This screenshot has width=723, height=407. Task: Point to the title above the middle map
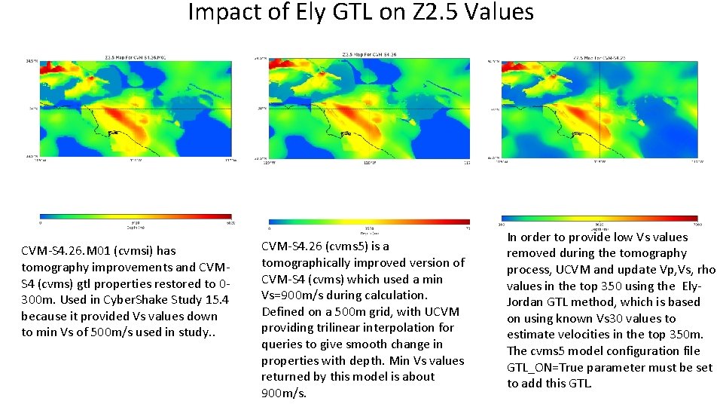click(369, 54)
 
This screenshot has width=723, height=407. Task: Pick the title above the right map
click(599, 57)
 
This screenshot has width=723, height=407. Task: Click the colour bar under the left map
click(136, 217)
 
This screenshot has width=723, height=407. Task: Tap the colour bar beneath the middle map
click(369, 221)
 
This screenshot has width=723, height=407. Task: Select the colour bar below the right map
click(599, 218)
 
